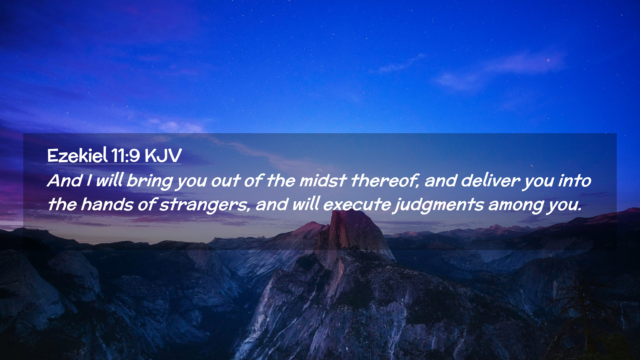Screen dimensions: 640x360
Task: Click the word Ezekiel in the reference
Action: click(77, 155)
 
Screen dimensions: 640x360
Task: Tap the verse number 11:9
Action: click(125, 156)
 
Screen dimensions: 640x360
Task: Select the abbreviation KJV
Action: click(163, 156)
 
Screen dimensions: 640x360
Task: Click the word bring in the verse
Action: click(149, 181)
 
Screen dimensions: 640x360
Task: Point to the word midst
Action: click(323, 181)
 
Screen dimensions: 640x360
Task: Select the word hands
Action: click(107, 204)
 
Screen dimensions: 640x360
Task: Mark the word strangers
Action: click(204, 205)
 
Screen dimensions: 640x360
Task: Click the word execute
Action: click(357, 205)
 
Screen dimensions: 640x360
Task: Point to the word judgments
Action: click(439, 205)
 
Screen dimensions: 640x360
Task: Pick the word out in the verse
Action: click(226, 181)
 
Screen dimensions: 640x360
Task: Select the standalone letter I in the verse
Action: click(89, 181)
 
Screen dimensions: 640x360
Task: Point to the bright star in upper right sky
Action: click(548, 60)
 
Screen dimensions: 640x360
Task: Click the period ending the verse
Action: click(580, 210)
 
